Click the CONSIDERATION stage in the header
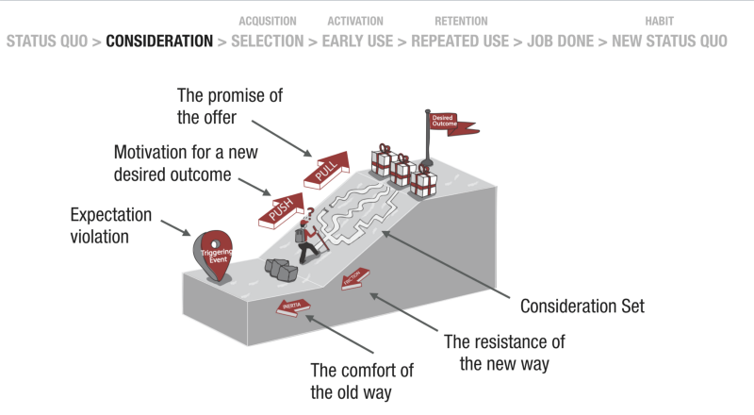pos(159,41)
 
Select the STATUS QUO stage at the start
pos(48,41)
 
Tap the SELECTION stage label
pos(267,41)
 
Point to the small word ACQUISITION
pos(268,21)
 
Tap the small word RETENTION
pos(461,21)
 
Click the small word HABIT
pos(660,21)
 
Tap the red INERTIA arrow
pos(294,306)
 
